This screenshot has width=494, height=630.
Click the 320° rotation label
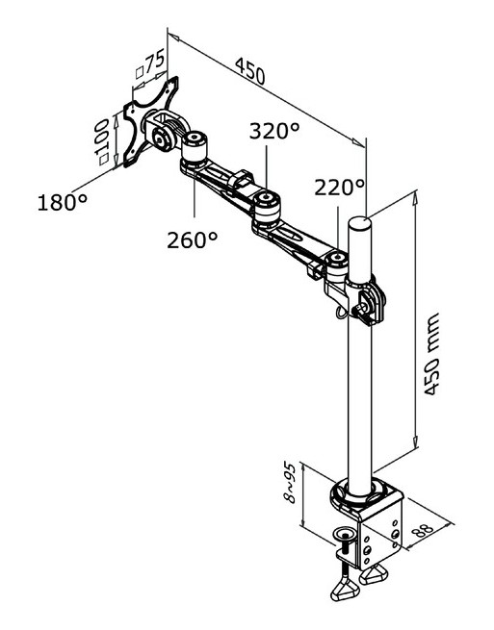click(274, 131)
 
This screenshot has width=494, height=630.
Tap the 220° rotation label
click(339, 188)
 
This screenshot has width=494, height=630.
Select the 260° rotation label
click(193, 239)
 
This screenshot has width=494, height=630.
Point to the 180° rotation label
click(63, 202)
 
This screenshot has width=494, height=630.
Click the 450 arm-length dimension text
click(250, 71)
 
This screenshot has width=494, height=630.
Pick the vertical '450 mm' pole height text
click(431, 354)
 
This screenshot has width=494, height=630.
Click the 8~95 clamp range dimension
click(290, 483)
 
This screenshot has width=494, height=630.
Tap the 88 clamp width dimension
click(423, 530)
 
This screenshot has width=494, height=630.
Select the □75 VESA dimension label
click(150, 64)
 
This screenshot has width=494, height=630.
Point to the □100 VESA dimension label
click(101, 141)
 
